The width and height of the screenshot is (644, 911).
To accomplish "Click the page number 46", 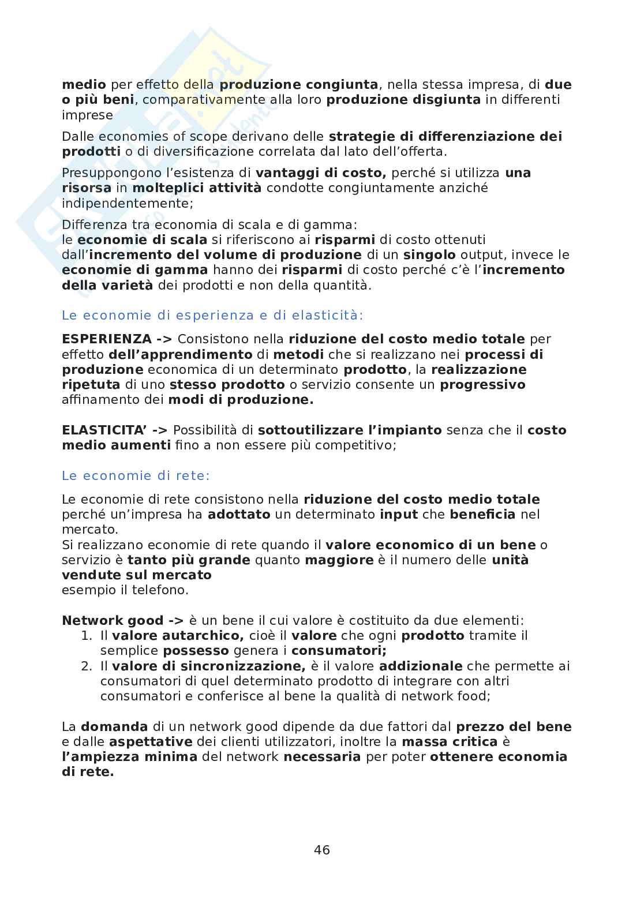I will (322, 849).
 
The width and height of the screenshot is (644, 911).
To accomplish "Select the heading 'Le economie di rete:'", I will (136, 475).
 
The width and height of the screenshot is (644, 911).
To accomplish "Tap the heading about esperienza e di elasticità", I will (212, 315).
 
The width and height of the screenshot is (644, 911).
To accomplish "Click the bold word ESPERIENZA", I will (107, 339).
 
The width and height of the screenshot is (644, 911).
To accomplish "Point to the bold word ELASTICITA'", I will (106, 430).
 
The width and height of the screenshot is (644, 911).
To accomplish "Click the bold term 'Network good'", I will (113, 620).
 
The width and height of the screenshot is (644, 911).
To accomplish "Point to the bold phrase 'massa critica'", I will (450, 741).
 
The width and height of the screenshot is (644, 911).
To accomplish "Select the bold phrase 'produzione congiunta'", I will (299, 84).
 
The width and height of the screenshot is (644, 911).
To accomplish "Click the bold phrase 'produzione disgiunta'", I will (403, 99).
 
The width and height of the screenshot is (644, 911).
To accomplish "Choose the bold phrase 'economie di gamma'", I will (135, 269).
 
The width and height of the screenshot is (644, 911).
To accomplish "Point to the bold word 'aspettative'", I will (151, 741).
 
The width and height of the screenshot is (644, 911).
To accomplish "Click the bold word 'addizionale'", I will (421, 666).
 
